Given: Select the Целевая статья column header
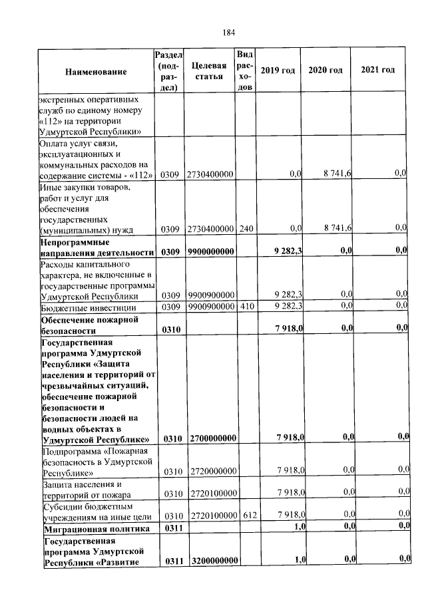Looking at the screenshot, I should coord(208,71).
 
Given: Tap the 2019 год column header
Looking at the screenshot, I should coord(278,71).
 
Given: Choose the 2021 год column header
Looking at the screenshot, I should coord(377,71).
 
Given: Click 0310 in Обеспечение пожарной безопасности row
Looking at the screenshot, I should coord(170,329).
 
